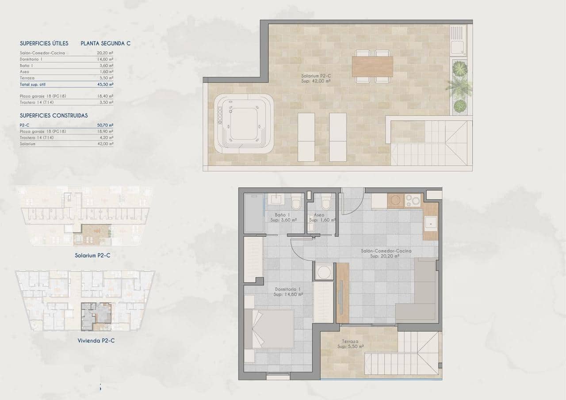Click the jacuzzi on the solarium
tap(244, 124)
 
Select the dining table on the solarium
tap(372, 66)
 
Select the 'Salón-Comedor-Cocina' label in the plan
tap(386, 253)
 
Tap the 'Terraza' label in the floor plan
tap(349, 343)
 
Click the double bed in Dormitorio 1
tap(270, 329)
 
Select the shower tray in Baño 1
tap(254, 212)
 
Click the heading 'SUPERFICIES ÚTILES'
tap(44, 43)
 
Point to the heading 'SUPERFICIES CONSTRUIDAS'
tap(54, 115)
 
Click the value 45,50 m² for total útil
tap(105, 84)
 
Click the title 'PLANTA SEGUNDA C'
tap(105, 43)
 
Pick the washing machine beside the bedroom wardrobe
tap(325, 270)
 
